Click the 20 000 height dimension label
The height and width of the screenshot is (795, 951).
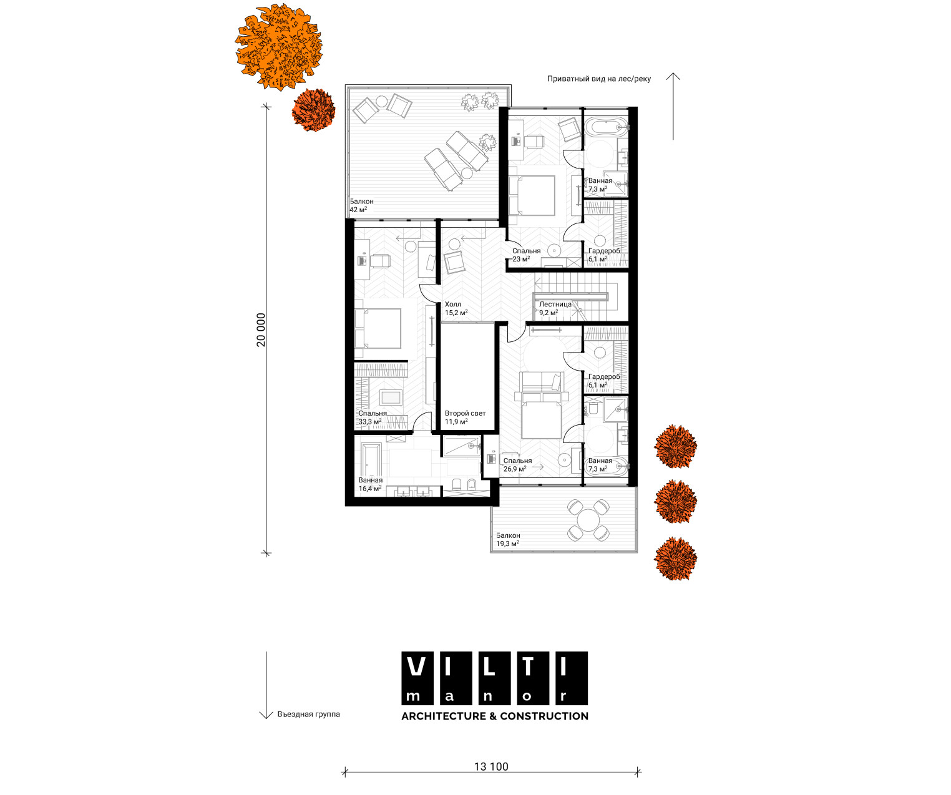[x=260, y=330]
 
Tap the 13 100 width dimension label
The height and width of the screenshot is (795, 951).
[x=491, y=767]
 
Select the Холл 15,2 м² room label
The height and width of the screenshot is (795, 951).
[x=456, y=308]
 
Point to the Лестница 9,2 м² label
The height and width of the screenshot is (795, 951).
[x=555, y=308]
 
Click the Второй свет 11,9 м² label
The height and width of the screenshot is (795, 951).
[x=465, y=417]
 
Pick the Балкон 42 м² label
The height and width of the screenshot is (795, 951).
[x=361, y=205]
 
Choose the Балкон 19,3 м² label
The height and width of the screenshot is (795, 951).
[x=508, y=539]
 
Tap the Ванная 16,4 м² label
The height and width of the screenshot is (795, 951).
[x=370, y=484]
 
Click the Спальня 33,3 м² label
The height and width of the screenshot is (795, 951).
[x=372, y=417]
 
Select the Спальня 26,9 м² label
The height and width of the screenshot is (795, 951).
[x=517, y=465]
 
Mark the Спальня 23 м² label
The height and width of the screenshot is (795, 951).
[x=526, y=255]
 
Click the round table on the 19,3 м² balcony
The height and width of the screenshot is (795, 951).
[x=588, y=520]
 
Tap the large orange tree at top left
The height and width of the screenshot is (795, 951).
[x=279, y=46]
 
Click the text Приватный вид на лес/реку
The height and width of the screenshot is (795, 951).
[x=599, y=79]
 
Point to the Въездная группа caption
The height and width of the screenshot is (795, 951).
[x=308, y=715]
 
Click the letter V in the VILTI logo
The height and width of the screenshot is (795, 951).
[x=416, y=667]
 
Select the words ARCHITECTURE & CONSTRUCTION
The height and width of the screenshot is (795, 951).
[x=495, y=716]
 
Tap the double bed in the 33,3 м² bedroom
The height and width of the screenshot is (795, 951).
[x=378, y=328]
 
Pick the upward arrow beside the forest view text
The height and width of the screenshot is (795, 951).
[x=673, y=106]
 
